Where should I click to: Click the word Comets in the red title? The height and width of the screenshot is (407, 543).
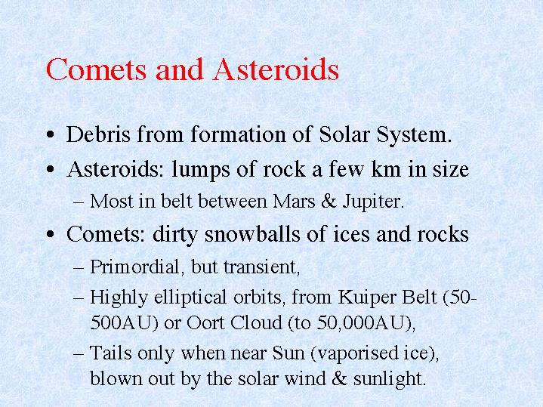pyautogui.click(x=96, y=69)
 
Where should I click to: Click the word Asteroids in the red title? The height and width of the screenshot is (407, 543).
pyautogui.click(x=276, y=69)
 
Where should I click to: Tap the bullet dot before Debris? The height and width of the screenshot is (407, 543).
pyautogui.click(x=51, y=134)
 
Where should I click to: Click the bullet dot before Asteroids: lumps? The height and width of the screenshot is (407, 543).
pyautogui.click(x=51, y=169)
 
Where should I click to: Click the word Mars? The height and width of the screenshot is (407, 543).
pyautogui.click(x=294, y=202)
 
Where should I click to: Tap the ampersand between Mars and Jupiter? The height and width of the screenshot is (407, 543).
pyautogui.click(x=329, y=202)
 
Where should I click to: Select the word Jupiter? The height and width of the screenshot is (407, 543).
pyautogui.click(x=372, y=202)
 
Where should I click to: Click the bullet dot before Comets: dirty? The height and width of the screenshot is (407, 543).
pyautogui.click(x=51, y=234)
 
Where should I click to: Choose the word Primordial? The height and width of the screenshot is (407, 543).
pyautogui.click(x=134, y=267)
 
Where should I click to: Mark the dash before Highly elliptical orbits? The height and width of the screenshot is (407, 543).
pyautogui.click(x=79, y=298)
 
